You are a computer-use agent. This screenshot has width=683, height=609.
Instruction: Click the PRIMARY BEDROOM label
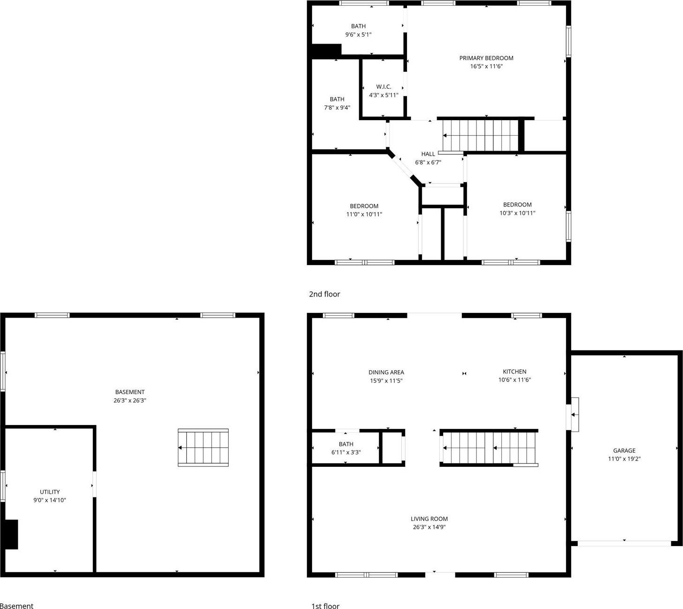(486, 58)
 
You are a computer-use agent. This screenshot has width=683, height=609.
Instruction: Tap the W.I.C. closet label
(384, 87)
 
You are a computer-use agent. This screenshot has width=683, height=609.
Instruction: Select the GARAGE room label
(624, 450)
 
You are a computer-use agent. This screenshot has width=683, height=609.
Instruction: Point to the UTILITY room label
(50, 492)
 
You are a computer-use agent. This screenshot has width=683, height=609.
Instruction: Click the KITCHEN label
(514, 372)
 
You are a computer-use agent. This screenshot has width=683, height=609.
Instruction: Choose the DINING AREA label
(386, 373)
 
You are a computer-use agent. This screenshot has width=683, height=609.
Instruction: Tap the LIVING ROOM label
(429, 519)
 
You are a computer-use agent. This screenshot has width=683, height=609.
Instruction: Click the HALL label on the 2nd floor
(428, 154)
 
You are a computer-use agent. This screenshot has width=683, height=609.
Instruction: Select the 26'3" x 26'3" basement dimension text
(130, 401)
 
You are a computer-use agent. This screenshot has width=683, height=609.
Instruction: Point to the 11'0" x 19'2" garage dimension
(624, 459)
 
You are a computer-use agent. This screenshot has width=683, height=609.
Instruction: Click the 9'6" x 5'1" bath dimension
(358, 35)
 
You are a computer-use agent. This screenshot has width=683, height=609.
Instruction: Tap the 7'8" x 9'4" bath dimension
(337, 108)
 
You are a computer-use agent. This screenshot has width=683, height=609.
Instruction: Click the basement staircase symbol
(203, 448)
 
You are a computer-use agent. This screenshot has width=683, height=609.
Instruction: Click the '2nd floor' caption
(324, 294)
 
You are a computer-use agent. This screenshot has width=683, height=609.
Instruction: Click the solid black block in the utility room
(11, 534)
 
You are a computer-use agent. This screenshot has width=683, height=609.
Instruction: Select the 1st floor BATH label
(346, 444)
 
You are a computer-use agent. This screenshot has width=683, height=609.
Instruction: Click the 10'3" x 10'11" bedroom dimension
(517, 213)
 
